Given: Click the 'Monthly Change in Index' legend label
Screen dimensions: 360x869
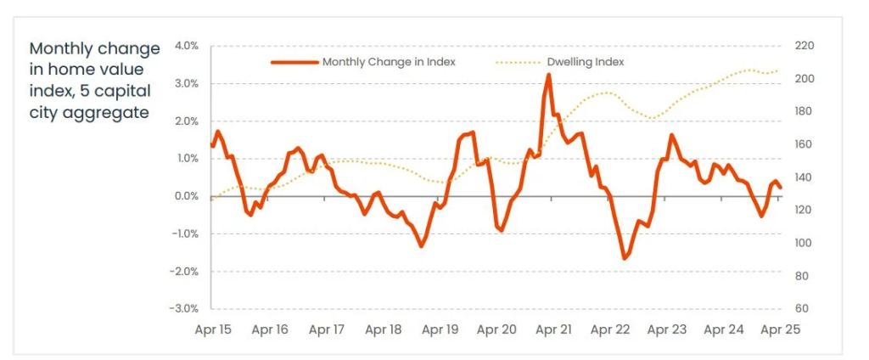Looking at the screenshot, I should pyautogui.click(x=389, y=62).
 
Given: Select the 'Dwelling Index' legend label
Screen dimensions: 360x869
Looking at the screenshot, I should pyautogui.click(x=591, y=62).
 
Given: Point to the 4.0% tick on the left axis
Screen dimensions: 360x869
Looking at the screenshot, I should pyautogui.click(x=186, y=46).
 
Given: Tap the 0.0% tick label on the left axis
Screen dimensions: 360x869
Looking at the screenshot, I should pyautogui.click(x=186, y=196).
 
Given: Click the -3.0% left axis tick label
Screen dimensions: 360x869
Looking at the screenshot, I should pyautogui.click(x=185, y=309).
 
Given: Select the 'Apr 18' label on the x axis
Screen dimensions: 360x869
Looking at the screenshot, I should pyautogui.click(x=383, y=329).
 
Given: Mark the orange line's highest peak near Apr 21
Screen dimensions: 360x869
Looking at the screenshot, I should pyautogui.click(x=548, y=75).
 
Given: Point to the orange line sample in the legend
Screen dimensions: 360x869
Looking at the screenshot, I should pyautogui.click(x=294, y=62).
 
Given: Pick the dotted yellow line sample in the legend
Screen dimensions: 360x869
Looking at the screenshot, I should pyautogui.click(x=517, y=62).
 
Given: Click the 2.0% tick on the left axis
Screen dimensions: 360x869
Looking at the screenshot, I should pyautogui.click(x=186, y=121).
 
